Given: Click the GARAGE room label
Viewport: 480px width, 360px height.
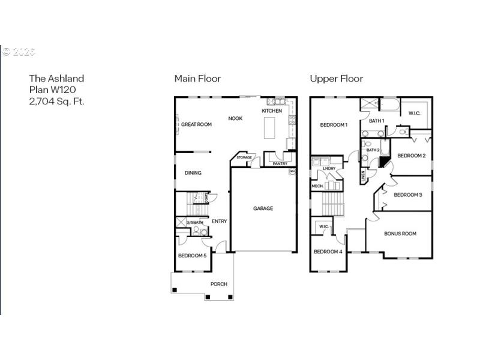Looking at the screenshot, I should click(x=263, y=209).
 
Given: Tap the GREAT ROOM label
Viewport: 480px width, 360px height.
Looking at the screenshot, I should click(x=197, y=125).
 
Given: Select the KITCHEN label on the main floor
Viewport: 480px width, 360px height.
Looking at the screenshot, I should click(x=272, y=111).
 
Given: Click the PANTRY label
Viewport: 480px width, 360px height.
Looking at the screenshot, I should click(x=280, y=163).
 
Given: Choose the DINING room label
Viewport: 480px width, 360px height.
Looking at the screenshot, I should click(x=193, y=173).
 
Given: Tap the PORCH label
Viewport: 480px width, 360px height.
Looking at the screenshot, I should click(x=218, y=284).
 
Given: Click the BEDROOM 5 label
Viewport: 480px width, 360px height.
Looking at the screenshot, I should click(x=192, y=256).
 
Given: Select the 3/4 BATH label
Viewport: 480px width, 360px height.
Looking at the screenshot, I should click(x=195, y=223).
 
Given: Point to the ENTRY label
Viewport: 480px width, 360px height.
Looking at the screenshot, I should click(x=219, y=221).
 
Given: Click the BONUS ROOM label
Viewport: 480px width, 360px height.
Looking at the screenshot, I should click(x=400, y=233).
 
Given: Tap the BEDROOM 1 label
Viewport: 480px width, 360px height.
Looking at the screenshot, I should click(x=334, y=125).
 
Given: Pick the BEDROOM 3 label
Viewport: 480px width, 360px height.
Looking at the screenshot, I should click(x=408, y=195).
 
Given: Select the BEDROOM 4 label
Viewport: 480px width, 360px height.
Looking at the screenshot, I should click(x=328, y=251).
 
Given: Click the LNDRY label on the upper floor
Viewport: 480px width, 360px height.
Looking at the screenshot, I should click(x=329, y=169).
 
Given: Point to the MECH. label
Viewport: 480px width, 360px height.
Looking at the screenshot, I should click(x=317, y=186).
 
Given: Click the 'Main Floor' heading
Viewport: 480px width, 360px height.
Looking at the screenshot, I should click(x=197, y=79).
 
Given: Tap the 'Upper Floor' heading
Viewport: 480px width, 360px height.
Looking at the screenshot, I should click(x=336, y=79).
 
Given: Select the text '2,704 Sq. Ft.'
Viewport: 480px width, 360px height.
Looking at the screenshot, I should click(x=57, y=101).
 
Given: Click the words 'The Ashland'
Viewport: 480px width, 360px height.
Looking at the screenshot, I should click(x=57, y=79).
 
